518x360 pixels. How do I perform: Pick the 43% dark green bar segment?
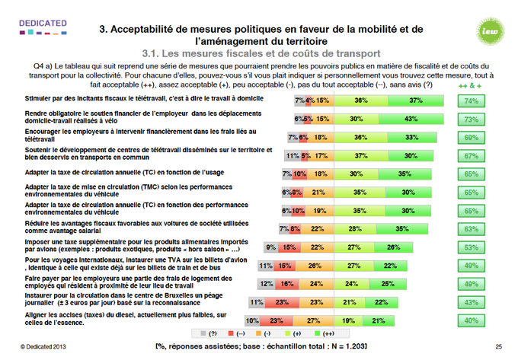(410, 119)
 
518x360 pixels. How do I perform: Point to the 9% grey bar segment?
(270, 247)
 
